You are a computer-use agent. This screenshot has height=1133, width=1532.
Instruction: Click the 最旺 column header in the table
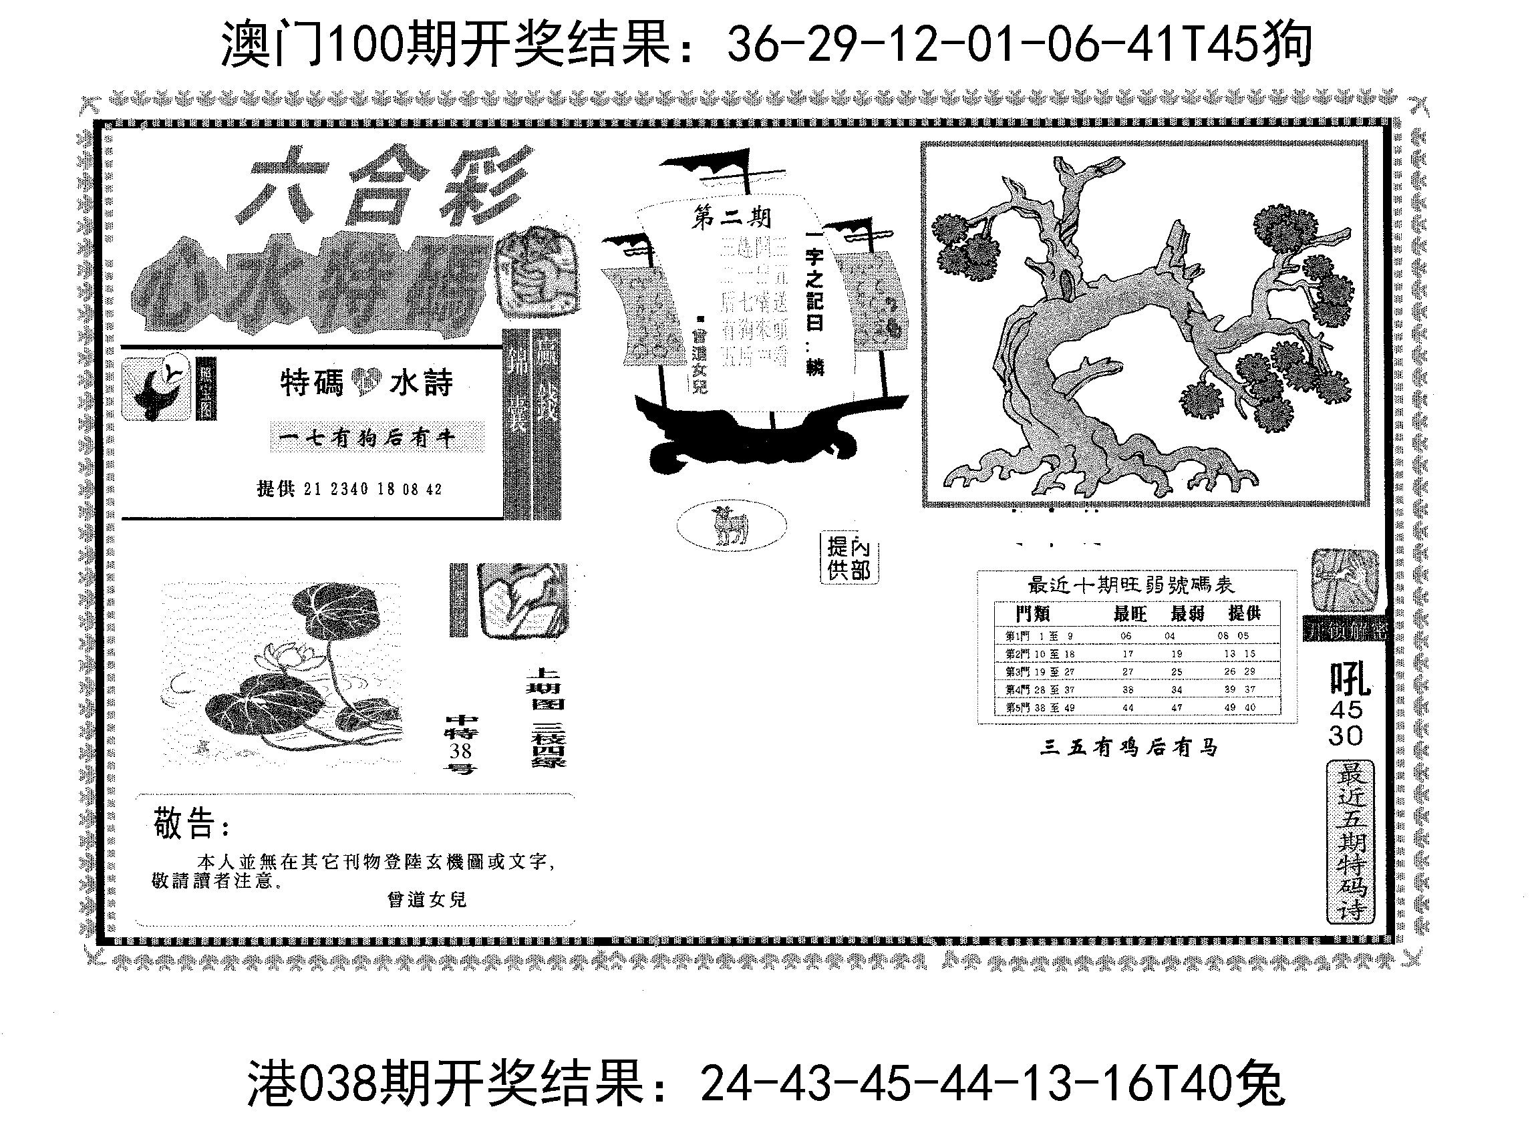click(x=1129, y=613)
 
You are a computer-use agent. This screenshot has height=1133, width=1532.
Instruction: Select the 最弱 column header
click(x=1187, y=613)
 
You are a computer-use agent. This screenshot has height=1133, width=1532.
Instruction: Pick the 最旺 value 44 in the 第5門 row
click(x=1128, y=707)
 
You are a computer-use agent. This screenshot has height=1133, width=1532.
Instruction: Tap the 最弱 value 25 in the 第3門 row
click(x=1177, y=671)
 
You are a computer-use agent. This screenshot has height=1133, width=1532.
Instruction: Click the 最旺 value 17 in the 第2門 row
click(x=1128, y=653)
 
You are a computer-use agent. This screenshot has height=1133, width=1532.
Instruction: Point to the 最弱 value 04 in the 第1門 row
click(x=1170, y=636)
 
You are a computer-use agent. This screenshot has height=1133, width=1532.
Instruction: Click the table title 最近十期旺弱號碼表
click(x=1131, y=585)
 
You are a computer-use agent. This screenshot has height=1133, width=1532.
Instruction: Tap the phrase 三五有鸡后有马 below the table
click(x=1128, y=747)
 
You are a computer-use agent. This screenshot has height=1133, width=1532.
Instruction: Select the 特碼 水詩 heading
click(x=366, y=383)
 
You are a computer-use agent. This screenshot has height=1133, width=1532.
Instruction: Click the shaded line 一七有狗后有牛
click(x=377, y=438)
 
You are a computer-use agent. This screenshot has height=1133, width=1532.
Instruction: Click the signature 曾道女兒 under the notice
click(x=426, y=899)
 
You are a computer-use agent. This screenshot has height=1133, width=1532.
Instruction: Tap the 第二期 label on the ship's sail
click(x=731, y=217)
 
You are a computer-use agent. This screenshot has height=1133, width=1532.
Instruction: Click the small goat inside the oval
click(x=730, y=526)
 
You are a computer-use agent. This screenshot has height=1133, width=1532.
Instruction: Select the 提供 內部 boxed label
click(x=849, y=558)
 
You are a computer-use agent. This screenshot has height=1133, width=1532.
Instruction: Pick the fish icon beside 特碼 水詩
click(x=156, y=389)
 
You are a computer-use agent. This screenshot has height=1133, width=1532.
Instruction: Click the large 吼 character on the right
click(x=1349, y=679)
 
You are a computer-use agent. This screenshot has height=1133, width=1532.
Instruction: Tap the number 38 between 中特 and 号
click(x=461, y=750)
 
